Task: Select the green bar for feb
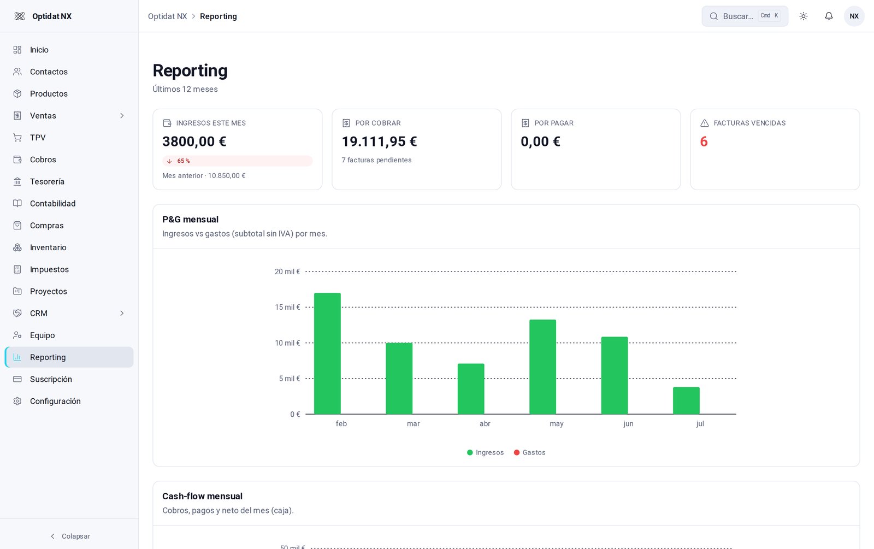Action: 327,353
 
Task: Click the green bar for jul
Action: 686,401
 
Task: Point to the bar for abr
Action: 471,388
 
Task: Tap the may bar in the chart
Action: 543,367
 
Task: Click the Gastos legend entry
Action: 529,453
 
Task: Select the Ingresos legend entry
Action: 486,453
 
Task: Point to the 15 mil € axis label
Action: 287,307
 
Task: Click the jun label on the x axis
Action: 628,424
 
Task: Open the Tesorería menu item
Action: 47,181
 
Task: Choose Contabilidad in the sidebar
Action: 52,203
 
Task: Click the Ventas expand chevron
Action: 122,115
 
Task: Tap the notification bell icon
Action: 829,16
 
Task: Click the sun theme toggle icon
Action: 804,16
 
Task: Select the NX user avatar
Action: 854,16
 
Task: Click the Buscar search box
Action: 745,16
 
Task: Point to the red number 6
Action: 704,141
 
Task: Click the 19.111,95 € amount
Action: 379,141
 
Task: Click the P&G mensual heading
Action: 191,219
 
